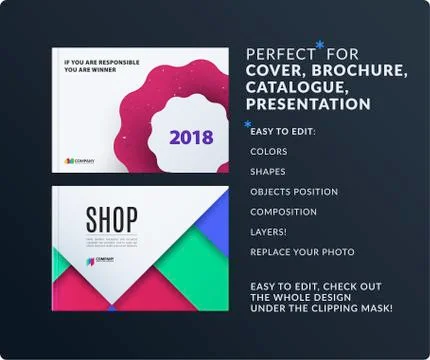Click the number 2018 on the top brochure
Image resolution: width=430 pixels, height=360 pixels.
(191, 137)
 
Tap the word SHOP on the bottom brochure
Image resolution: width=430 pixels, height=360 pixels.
(112, 219)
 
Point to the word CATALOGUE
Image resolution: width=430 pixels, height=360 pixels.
(292, 88)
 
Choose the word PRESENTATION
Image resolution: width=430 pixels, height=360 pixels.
(308, 104)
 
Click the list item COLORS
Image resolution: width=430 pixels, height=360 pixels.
(269, 152)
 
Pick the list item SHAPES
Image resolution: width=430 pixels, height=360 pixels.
(268, 172)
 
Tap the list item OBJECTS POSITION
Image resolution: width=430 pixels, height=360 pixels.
(294, 192)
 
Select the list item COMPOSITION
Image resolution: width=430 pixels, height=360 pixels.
(284, 212)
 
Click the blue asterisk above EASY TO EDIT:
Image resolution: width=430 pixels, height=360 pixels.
(248, 124)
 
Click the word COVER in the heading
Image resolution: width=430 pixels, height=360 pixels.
(273, 71)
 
